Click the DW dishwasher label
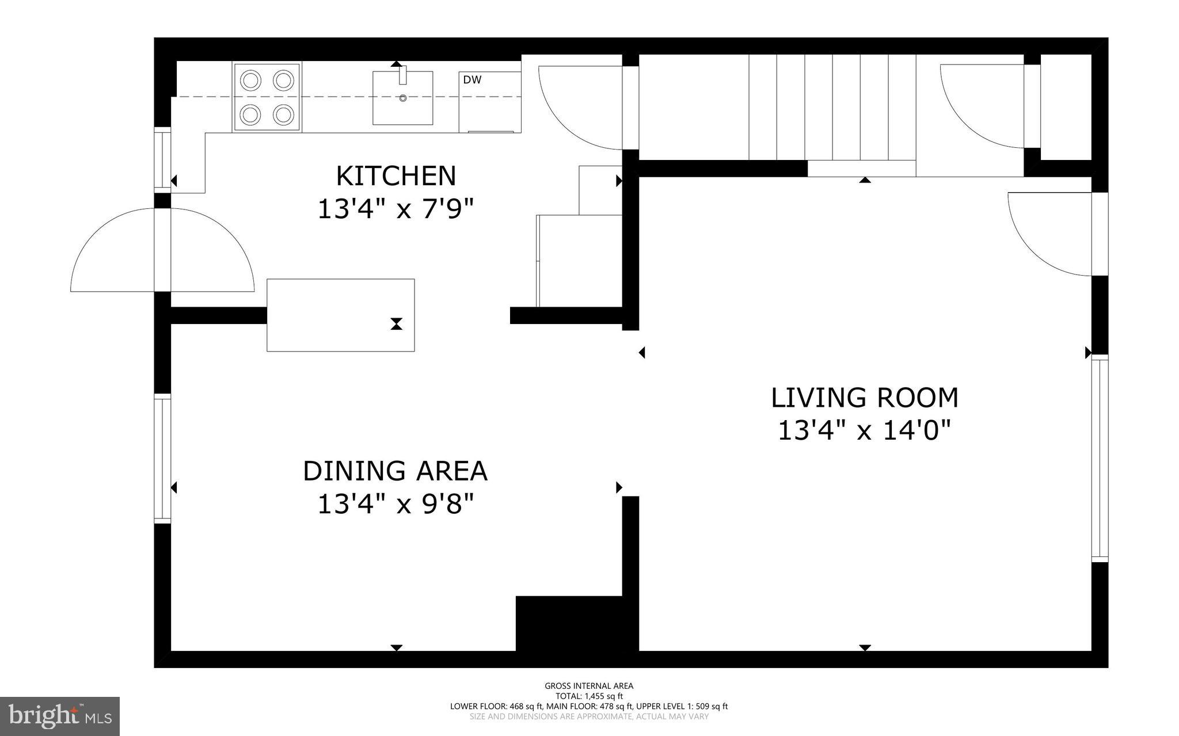[x=472, y=80]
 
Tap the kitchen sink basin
[x=402, y=98]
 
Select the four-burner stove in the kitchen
[x=267, y=97]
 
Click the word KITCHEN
[x=395, y=176]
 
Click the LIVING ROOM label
[x=864, y=398]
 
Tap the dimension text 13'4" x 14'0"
[x=864, y=430]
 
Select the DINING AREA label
[x=395, y=471]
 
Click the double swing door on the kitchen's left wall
[x=162, y=250]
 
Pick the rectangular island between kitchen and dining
[x=340, y=315]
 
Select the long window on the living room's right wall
[x=1100, y=459]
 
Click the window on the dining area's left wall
[x=162, y=459]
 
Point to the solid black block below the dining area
[x=570, y=624]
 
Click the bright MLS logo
[x=60, y=716]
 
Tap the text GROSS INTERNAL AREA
[x=589, y=685]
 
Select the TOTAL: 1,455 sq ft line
[x=589, y=696]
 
